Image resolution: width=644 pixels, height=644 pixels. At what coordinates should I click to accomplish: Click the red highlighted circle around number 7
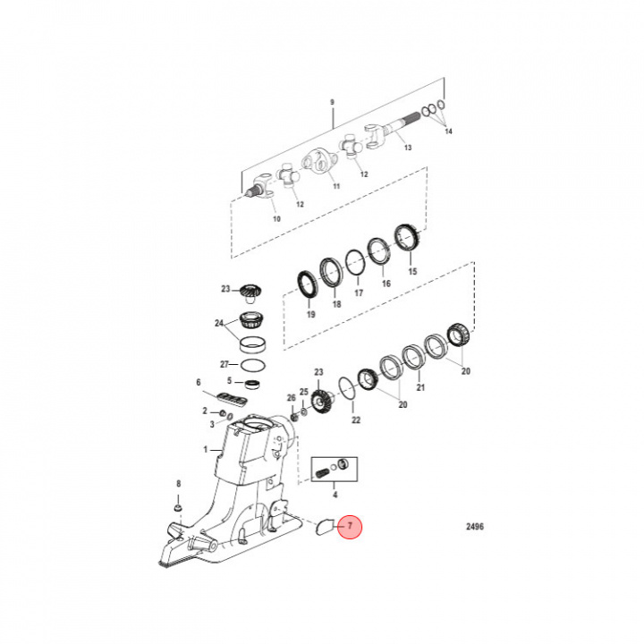coord(350,528)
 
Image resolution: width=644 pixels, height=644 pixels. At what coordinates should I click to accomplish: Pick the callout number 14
coord(449,131)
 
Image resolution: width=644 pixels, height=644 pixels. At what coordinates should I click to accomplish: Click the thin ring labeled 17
coord(355,261)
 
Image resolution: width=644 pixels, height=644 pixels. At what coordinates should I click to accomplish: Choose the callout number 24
coord(219,324)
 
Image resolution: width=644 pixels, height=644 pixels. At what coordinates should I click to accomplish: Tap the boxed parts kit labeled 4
coord(335,469)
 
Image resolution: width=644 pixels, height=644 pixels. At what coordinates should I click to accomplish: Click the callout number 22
coord(355,420)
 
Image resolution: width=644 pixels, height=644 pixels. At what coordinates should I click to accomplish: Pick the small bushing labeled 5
coord(253,384)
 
